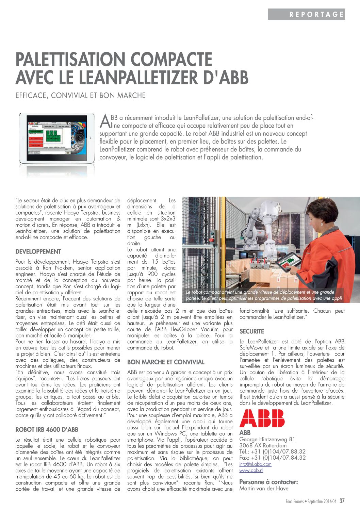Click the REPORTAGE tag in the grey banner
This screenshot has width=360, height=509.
316,14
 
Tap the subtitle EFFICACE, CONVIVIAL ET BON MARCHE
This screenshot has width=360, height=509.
81,96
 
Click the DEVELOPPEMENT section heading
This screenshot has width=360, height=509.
38,252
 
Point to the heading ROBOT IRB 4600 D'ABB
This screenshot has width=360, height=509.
47,430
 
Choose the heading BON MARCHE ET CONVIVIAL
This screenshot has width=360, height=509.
166,362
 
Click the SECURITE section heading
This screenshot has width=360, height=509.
251,331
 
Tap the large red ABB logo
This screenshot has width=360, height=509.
262,418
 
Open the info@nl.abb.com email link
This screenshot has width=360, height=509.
255,464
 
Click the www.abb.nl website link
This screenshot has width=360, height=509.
251,470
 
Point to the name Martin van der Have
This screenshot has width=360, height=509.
264,489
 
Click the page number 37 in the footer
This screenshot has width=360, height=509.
342,501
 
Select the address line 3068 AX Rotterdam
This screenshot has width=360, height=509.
263,445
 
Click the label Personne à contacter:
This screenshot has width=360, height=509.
268,482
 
